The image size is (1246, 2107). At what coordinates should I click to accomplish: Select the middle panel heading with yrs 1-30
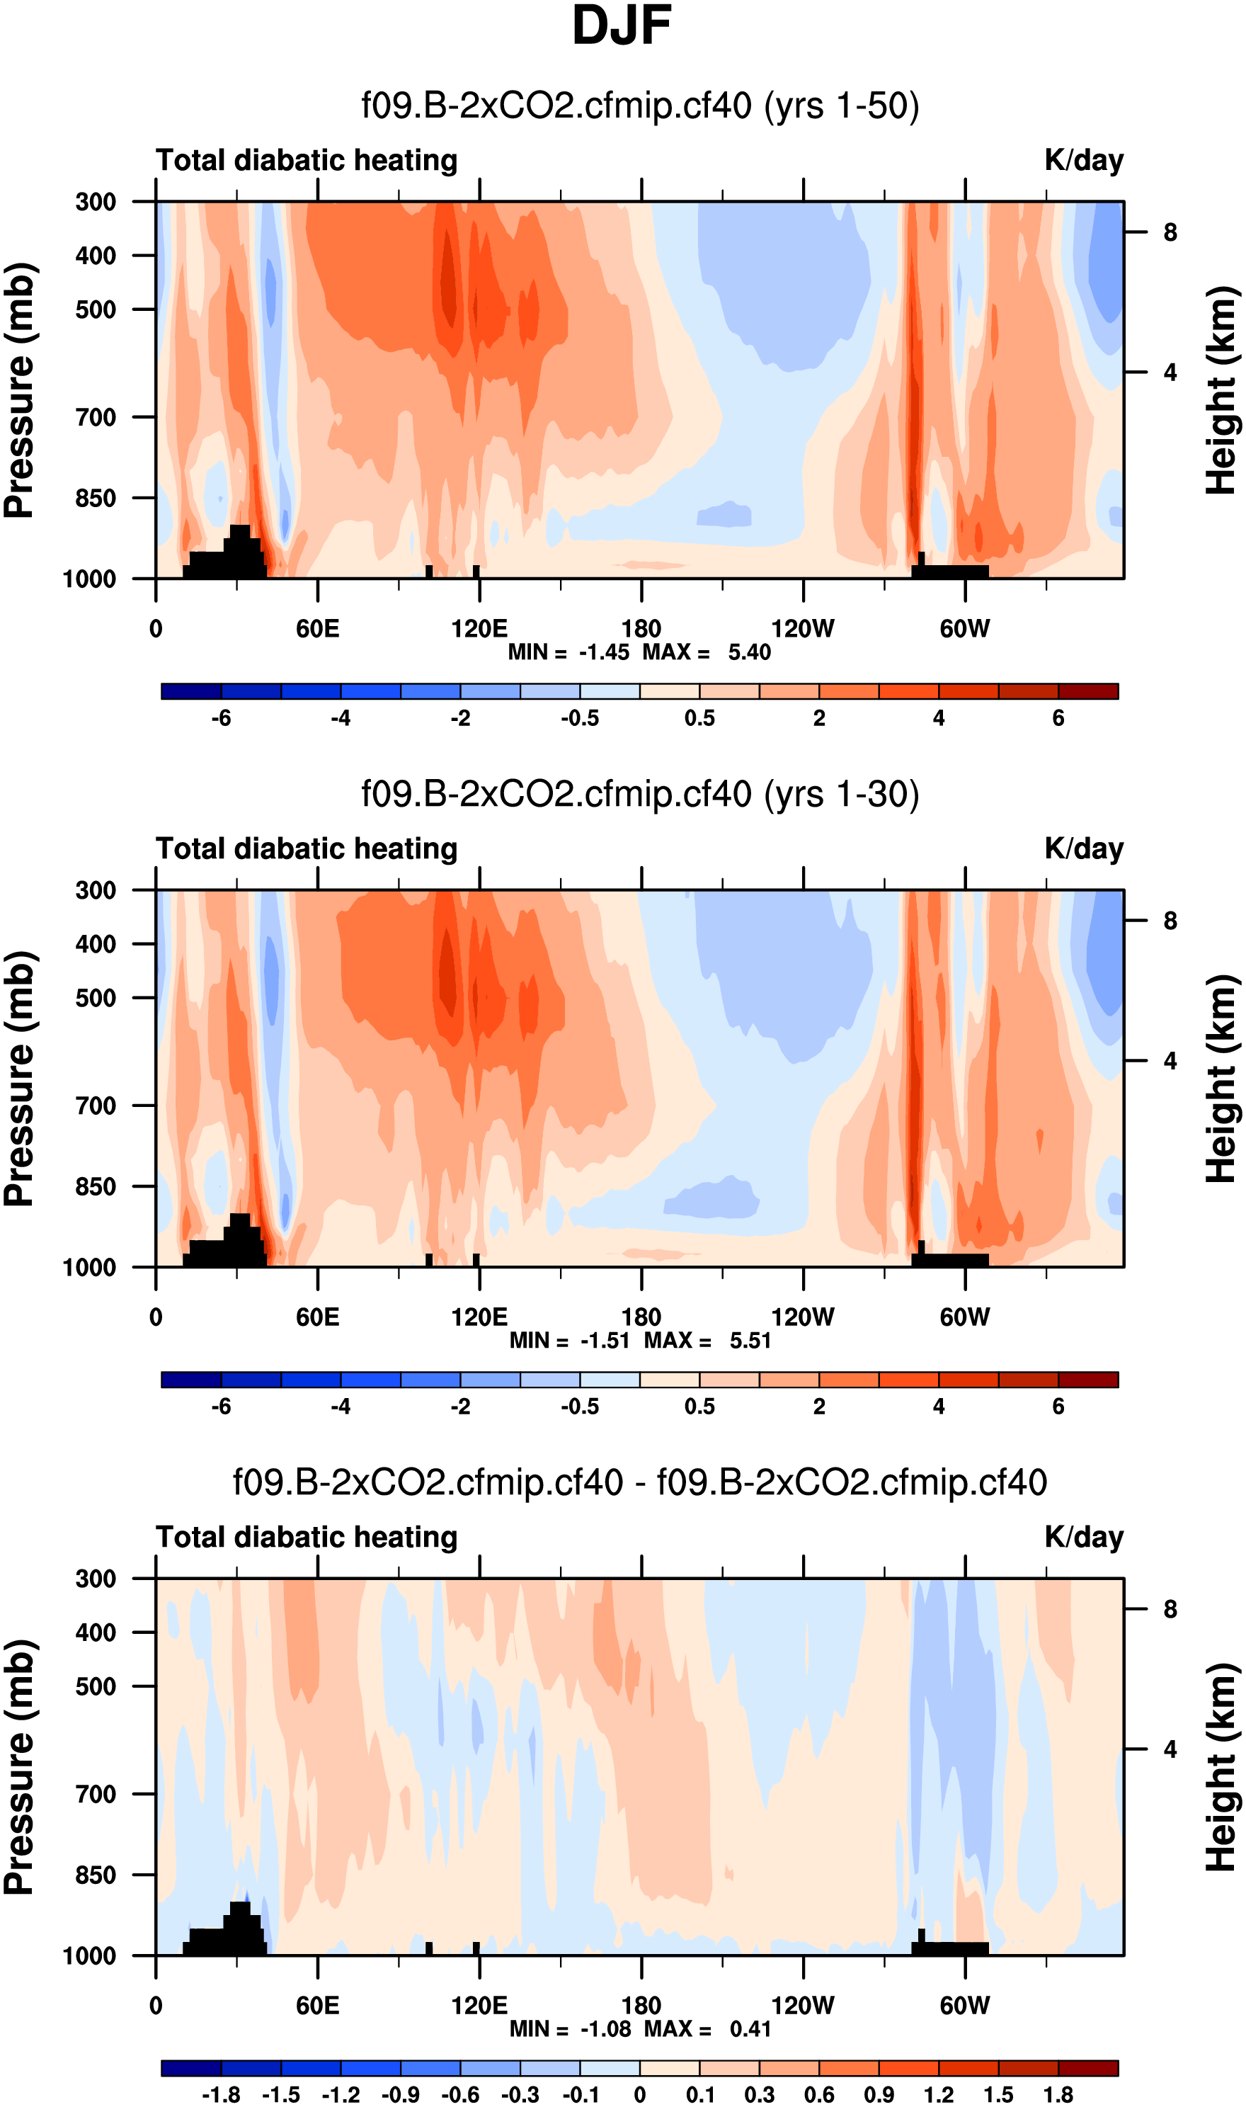640,794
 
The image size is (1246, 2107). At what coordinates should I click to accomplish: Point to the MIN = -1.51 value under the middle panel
569,1340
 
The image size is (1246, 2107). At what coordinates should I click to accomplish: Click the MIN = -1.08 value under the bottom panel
569,2028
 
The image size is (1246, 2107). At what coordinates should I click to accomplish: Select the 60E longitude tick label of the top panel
317,628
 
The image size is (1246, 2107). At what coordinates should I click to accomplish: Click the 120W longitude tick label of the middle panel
803,1316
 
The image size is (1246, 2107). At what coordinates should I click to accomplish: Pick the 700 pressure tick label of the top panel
96,417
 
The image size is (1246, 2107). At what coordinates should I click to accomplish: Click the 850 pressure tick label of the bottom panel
96,1875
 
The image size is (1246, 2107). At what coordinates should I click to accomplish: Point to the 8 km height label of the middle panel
1170,921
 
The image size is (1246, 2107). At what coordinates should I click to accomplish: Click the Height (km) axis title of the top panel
1223,390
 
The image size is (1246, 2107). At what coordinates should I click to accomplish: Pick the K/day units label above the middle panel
1083,848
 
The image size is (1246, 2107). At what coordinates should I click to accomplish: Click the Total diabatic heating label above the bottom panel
307,1537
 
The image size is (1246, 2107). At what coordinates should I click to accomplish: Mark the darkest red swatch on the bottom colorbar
1088,2067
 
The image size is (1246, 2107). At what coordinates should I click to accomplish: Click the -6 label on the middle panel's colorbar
221,1406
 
